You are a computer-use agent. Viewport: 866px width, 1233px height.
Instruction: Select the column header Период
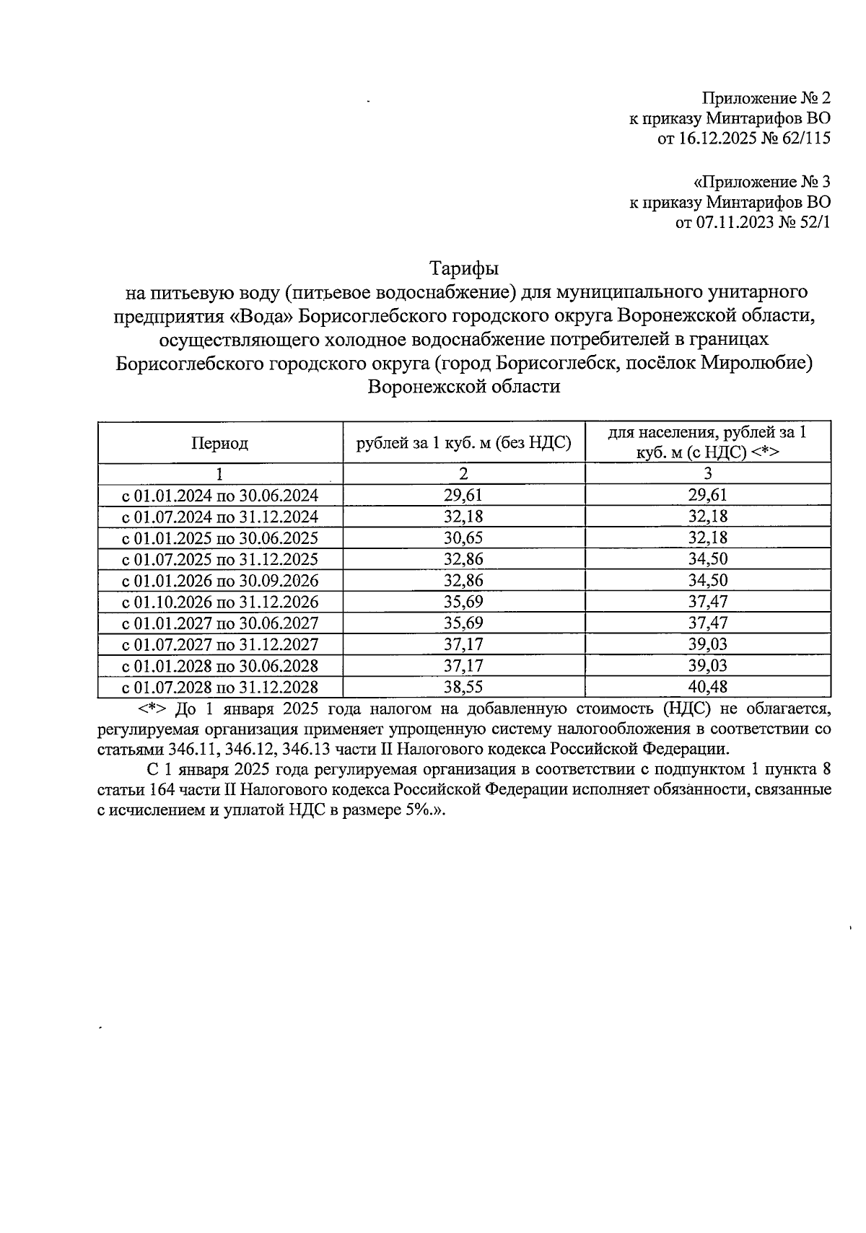point(219,443)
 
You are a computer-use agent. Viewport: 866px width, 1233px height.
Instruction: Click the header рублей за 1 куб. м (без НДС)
point(464,443)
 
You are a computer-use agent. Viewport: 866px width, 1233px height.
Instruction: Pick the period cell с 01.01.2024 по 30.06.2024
point(219,495)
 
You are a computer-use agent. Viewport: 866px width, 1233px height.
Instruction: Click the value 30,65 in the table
point(464,537)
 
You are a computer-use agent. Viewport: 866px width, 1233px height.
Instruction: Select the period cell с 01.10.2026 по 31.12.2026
point(219,602)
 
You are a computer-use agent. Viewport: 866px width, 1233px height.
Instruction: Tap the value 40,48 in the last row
point(708,687)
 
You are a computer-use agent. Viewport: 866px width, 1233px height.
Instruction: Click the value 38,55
point(464,687)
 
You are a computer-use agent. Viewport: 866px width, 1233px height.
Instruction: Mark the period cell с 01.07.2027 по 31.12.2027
point(219,644)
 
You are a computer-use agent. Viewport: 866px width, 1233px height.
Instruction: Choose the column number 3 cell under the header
point(708,474)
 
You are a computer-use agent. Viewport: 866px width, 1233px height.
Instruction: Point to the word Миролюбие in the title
point(755,363)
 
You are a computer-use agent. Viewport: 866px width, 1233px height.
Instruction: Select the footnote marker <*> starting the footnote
point(152,707)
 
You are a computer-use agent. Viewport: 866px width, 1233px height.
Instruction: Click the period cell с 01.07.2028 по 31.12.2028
point(219,687)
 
